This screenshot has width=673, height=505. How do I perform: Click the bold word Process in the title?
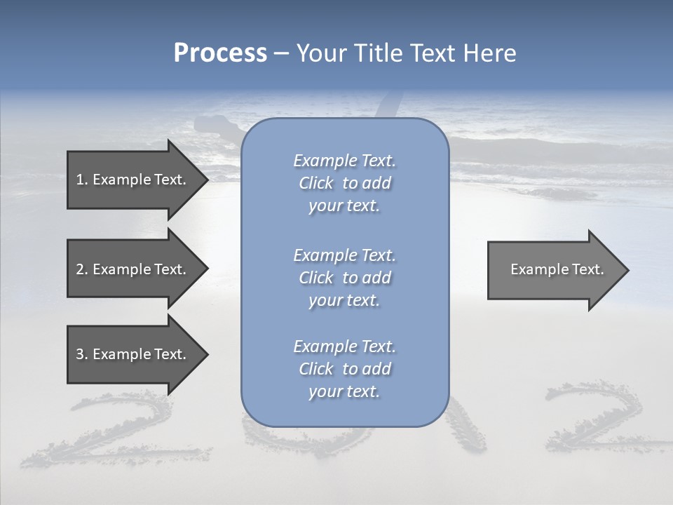220,53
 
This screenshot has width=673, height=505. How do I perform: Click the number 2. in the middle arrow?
82,269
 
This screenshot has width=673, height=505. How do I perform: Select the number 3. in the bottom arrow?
82,354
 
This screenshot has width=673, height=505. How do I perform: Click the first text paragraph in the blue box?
344,183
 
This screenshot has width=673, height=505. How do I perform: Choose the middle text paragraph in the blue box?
344,278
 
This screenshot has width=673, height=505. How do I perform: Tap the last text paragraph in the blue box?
344,369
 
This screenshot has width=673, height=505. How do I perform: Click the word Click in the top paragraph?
316,183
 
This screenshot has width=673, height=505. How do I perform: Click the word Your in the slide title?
322,53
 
